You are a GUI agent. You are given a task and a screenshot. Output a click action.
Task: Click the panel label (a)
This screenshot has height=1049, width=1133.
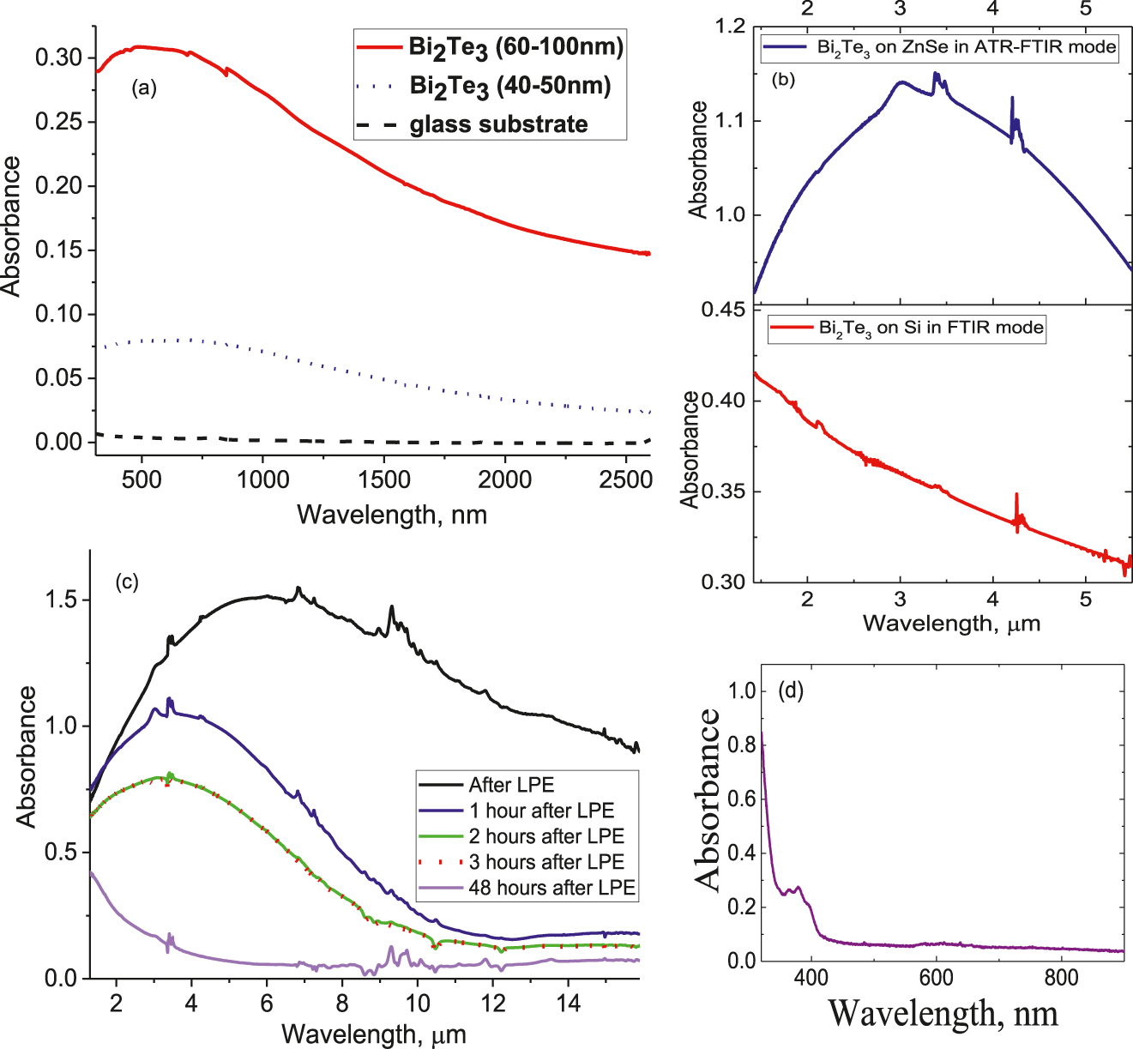point(143,87)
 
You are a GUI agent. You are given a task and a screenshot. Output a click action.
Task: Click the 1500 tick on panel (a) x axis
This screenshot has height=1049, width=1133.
point(384,479)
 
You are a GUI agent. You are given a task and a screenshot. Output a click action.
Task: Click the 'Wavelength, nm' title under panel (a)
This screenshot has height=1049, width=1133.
point(392,515)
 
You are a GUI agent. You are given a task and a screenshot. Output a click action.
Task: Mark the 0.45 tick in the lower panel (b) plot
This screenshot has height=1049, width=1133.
point(724,309)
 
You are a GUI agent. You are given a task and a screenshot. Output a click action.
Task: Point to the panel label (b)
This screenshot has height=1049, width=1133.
point(783,81)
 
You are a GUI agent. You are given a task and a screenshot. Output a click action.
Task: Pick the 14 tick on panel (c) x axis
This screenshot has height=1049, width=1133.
point(568,1003)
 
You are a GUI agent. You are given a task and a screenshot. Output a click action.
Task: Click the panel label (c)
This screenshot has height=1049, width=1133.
point(126,582)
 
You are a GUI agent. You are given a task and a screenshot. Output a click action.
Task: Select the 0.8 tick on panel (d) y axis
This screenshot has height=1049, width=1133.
point(742,745)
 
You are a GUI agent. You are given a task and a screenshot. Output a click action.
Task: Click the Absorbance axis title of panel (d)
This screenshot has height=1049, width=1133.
point(708,799)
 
